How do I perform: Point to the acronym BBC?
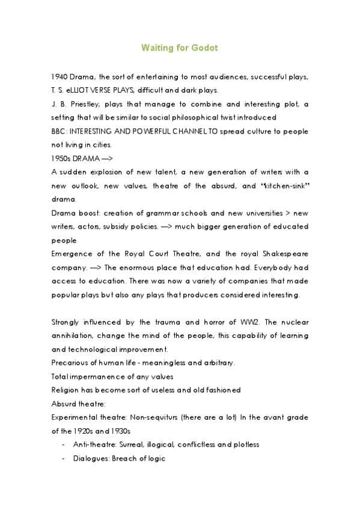(59, 131)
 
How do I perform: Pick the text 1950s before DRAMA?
(63, 158)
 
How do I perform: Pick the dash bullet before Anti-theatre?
(64, 444)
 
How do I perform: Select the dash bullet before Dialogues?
(64, 458)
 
